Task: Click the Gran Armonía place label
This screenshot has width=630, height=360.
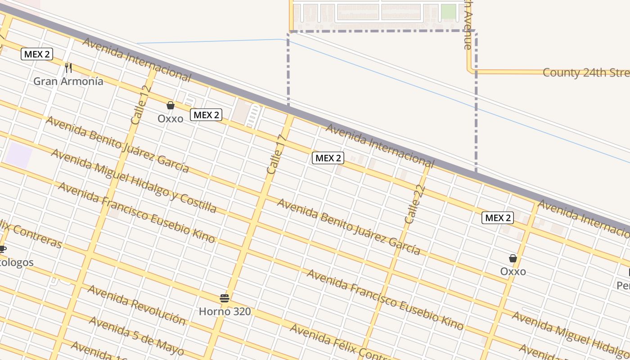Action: pos(68,81)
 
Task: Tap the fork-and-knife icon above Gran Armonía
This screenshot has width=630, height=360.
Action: pos(68,68)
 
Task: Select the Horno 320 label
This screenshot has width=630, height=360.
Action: pos(225,311)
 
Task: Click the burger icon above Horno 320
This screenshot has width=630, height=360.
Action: pos(225,298)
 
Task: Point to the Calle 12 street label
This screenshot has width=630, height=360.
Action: pos(140,105)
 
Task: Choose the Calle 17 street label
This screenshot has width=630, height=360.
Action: pos(276,155)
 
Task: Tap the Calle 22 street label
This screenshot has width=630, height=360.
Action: pos(415,205)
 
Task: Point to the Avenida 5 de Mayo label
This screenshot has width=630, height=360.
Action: pos(136,336)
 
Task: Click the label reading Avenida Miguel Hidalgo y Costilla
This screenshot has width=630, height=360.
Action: pos(134,180)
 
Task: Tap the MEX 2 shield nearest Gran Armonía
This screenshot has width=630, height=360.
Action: pos(37,54)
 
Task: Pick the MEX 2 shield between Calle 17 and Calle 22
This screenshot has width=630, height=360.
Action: pos(328,158)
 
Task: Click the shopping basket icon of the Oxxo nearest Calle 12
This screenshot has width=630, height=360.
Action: pos(171,105)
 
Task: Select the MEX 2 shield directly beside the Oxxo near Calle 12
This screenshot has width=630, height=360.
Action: pos(206,115)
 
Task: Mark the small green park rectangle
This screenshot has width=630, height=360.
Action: pos(448,11)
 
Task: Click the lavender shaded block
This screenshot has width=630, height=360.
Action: pos(19,156)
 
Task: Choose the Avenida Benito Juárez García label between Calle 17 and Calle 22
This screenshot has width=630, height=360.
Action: pos(349,227)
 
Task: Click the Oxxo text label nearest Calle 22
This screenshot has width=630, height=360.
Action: pos(513,272)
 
